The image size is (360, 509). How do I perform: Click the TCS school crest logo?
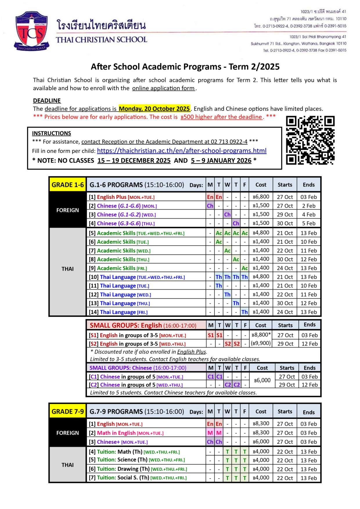pyautogui.click(x=31, y=31)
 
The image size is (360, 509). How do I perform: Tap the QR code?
pyautogui.click(x=310, y=140)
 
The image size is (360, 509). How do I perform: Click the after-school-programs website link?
pyautogui.click(x=182, y=151)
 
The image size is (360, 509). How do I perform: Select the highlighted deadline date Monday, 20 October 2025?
pyautogui.click(x=154, y=109)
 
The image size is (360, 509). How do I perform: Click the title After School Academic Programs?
pyautogui.click(x=185, y=67)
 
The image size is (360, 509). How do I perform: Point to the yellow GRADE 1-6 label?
pyautogui.click(x=68, y=185)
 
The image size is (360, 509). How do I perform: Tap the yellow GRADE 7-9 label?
pyautogui.click(x=68, y=411)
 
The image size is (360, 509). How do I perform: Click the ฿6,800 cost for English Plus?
pyautogui.click(x=261, y=197)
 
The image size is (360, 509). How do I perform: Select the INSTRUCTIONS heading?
pyautogui.click(x=51, y=133)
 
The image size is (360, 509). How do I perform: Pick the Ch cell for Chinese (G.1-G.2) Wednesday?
pyautogui.click(x=227, y=214)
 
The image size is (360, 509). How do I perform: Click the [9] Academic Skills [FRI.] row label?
pyautogui.click(x=118, y=268)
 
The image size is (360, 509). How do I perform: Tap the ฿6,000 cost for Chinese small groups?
pyautogui.click(x=262, y=380)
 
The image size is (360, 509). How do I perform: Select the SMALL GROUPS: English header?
pyautogui.click(x=143, y=325)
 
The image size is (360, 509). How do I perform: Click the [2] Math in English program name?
pyautogui.click(x=116, y=433)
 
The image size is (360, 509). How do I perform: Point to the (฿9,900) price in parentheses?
pyautogui.click(x=261, y=343)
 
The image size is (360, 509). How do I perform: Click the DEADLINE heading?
pyautogui.click(x=47, y=101)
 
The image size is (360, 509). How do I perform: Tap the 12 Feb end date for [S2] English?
pyautogui.click(x=309, y=344)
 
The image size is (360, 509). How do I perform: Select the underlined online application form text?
pyautogui.click(x=163, y=88)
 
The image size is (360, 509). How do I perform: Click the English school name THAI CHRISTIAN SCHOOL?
pyautogui.click(x=102, y=40)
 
